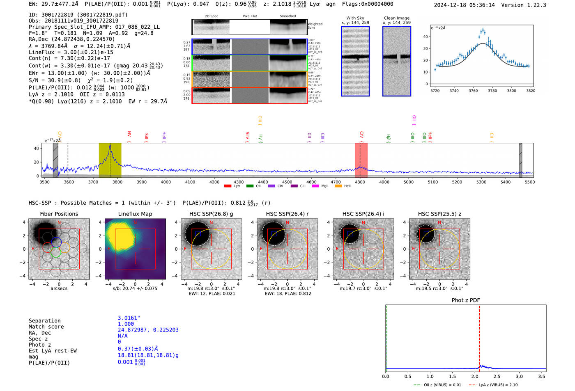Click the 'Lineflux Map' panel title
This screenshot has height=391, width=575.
135,214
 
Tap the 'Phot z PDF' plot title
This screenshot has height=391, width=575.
466,300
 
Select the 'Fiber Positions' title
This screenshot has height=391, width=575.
59,214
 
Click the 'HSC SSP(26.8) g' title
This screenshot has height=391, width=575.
211,214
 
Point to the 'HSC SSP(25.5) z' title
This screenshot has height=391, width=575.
439,214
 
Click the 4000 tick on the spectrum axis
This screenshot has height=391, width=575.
166,182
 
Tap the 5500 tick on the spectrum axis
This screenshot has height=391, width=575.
529,182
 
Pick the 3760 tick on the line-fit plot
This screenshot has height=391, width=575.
473,91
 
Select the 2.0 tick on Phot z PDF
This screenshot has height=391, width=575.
475,376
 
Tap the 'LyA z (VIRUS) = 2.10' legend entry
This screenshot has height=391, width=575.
498,385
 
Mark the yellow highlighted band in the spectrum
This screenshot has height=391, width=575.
110,160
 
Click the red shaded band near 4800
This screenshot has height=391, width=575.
361,160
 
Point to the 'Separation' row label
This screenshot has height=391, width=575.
44,321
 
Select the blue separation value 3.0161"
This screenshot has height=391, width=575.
129,318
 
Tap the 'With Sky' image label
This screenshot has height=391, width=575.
355,18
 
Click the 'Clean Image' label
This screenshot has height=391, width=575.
396,18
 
